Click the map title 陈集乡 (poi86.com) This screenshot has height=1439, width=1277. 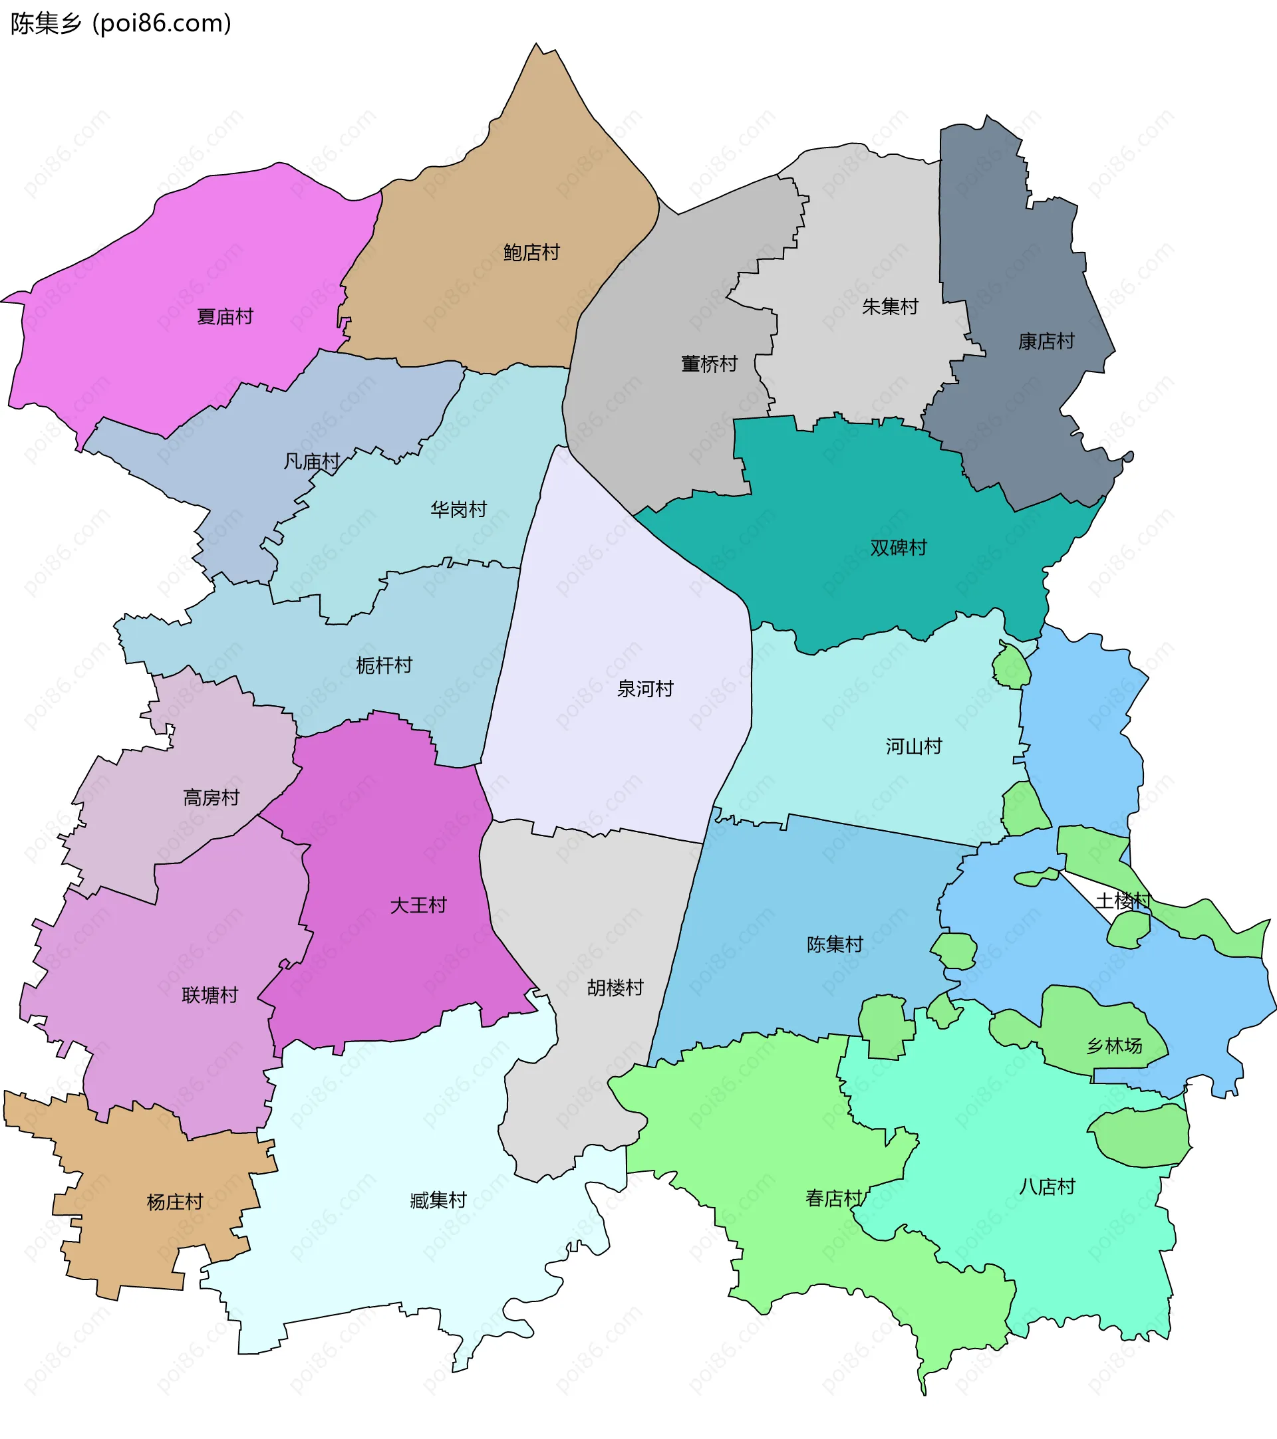click(120, 23)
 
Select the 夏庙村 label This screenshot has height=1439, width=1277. click(225, 317)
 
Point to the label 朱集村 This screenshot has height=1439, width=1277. click(890, 306)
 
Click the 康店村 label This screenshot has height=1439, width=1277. click(1046, 342)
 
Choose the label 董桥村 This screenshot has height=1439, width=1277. click(708, 364)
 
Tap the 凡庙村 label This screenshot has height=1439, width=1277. click(311, 462)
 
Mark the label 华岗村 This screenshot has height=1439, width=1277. click(458, 510)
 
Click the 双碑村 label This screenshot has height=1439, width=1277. click(898, 548)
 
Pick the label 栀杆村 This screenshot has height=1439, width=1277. click(384, 665)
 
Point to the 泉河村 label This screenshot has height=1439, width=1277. click(645, 689)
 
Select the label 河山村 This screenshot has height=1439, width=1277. click(914, 746)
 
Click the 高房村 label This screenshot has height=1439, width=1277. click(211, 798)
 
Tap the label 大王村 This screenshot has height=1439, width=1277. click(418, 905)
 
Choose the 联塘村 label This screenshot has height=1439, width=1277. click(210, 996)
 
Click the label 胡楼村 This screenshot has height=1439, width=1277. click(615, 988)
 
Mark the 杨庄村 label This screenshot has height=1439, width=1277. click(175, 1202)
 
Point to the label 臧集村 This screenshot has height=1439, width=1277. click(438, 1200)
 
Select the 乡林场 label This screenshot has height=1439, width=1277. click(1114, 1046)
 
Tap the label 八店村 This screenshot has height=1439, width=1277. click(1047, 1187)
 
